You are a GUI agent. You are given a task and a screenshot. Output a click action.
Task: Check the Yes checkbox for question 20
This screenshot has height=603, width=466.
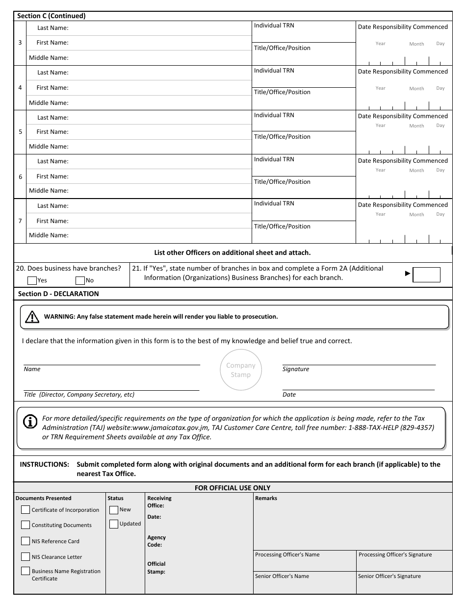coord(32,281)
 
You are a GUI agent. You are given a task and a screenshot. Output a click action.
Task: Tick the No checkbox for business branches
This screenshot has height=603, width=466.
coord(80,281)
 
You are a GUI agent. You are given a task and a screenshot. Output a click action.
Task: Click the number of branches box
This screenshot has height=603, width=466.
coord(426,275)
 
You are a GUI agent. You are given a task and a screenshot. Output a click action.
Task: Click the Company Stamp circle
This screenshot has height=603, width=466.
coord(241,370)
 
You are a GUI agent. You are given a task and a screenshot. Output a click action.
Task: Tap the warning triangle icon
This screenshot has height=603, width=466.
coord(32,317)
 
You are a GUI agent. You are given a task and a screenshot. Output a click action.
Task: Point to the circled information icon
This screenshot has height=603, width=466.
coord(30,422)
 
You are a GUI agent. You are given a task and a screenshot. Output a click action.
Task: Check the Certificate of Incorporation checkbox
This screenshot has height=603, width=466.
coord(26,510)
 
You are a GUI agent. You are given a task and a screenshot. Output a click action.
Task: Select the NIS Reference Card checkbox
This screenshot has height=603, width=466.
coord(26,541)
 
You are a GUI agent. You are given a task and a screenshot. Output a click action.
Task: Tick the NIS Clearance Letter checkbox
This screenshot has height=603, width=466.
coord(26,557)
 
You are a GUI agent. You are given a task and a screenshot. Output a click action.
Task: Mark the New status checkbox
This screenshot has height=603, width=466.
coord(114,510)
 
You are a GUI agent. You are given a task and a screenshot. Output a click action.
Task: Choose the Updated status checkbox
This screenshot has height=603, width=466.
coord(114,524)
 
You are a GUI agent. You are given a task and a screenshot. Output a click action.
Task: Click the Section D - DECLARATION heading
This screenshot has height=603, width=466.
coord(58,294)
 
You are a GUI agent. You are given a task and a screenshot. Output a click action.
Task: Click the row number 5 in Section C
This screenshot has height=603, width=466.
coord(20,132)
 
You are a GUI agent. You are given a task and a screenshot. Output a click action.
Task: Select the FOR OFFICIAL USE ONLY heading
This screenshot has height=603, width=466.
coord(233,488)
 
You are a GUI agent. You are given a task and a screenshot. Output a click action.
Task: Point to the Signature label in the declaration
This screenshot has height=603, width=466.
coord(296,369)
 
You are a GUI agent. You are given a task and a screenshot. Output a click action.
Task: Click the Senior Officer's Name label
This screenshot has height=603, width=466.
coord(282,576)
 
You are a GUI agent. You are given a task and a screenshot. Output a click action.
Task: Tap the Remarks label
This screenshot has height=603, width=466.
coord(266,498)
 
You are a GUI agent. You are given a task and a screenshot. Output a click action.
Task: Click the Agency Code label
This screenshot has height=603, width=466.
coord(156,541)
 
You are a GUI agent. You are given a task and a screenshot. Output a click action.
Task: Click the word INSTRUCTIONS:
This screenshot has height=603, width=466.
coord(44,464)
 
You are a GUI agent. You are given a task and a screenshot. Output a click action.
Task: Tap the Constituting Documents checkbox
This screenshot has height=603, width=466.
coord(26,525)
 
